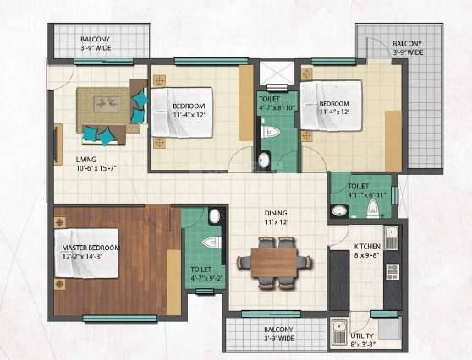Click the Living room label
[x=85, y=159]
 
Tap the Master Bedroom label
[x=91, y=248]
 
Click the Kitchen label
[x=368, y=246]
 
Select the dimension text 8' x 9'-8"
[x=368, y=255]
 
